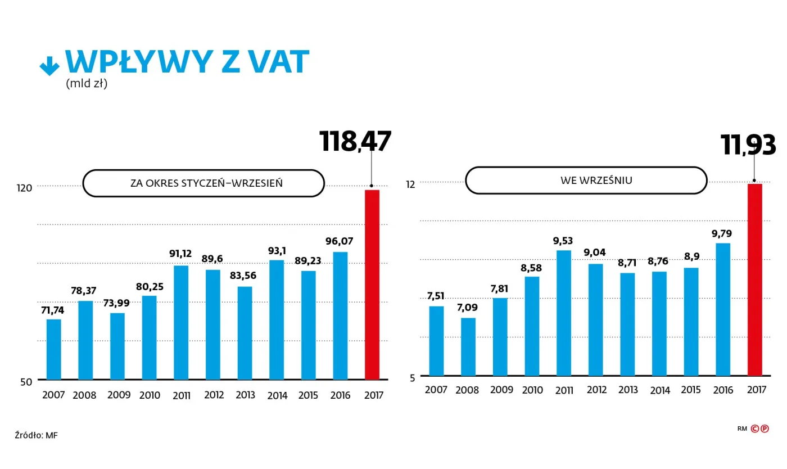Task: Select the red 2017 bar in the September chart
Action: click(754, 279)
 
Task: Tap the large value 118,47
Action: click(355, 141)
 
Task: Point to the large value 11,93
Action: click(748, 145)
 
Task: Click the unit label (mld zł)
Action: click(87, 84)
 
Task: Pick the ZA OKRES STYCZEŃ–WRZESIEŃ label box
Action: click(203, 183)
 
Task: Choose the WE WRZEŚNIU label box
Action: click(586, 181)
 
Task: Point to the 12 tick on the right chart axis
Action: click(410, 184)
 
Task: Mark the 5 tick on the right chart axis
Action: click(412, 377)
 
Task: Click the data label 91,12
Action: click(180, 254)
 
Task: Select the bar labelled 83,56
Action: click(245, 333)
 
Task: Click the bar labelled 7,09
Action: click(468, 347)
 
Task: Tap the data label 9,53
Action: click(564, 241)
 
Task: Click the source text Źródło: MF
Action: click(36, 435)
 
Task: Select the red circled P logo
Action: click(765, 429)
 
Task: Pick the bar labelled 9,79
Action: click(723, 309)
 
